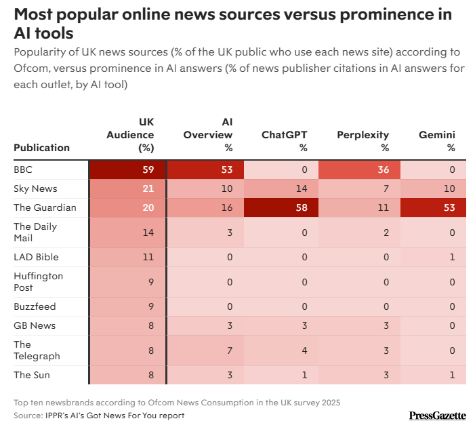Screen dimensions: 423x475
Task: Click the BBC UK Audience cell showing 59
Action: coord(127,169)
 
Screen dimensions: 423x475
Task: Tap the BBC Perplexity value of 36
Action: coord(359,169)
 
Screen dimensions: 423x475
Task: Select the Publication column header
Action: coord(41,148)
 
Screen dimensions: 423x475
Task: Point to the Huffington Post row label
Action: coord(38,281)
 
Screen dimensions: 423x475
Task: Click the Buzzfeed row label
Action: coord(35,306)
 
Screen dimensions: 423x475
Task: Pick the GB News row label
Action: coord(35,325)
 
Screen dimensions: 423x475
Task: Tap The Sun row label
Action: coord(32,375)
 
